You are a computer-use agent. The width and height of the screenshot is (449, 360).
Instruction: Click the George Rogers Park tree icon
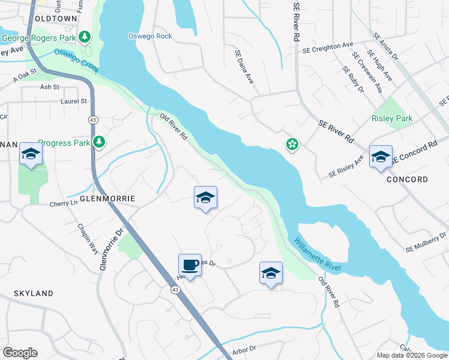tap(85, 37)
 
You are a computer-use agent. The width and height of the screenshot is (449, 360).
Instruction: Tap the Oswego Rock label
tap(150, 36)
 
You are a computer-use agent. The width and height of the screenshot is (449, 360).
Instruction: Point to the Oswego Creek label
tap(76, 61)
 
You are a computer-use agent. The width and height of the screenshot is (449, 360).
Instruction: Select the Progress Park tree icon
tap(99, 142)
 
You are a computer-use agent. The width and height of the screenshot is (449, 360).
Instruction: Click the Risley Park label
tap(392, 119)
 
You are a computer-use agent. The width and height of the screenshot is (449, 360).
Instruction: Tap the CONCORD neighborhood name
tap(407, 179)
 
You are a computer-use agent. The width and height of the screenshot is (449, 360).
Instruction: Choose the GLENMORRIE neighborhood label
tap(108, 198)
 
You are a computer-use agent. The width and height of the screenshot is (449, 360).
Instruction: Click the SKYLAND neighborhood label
tap(34, 293)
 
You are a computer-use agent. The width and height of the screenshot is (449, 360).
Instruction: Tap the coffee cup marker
tap(190, 265)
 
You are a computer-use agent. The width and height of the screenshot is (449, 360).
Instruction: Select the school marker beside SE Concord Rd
tap(381, 157)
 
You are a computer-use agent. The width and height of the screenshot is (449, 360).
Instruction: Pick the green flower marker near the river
tap(292, 144)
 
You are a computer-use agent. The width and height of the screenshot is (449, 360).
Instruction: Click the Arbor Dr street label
tap(244, 348)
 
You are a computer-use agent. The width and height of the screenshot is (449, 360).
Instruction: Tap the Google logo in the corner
tap(20, 353)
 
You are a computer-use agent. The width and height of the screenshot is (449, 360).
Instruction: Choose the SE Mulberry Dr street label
tap(427, 242)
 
